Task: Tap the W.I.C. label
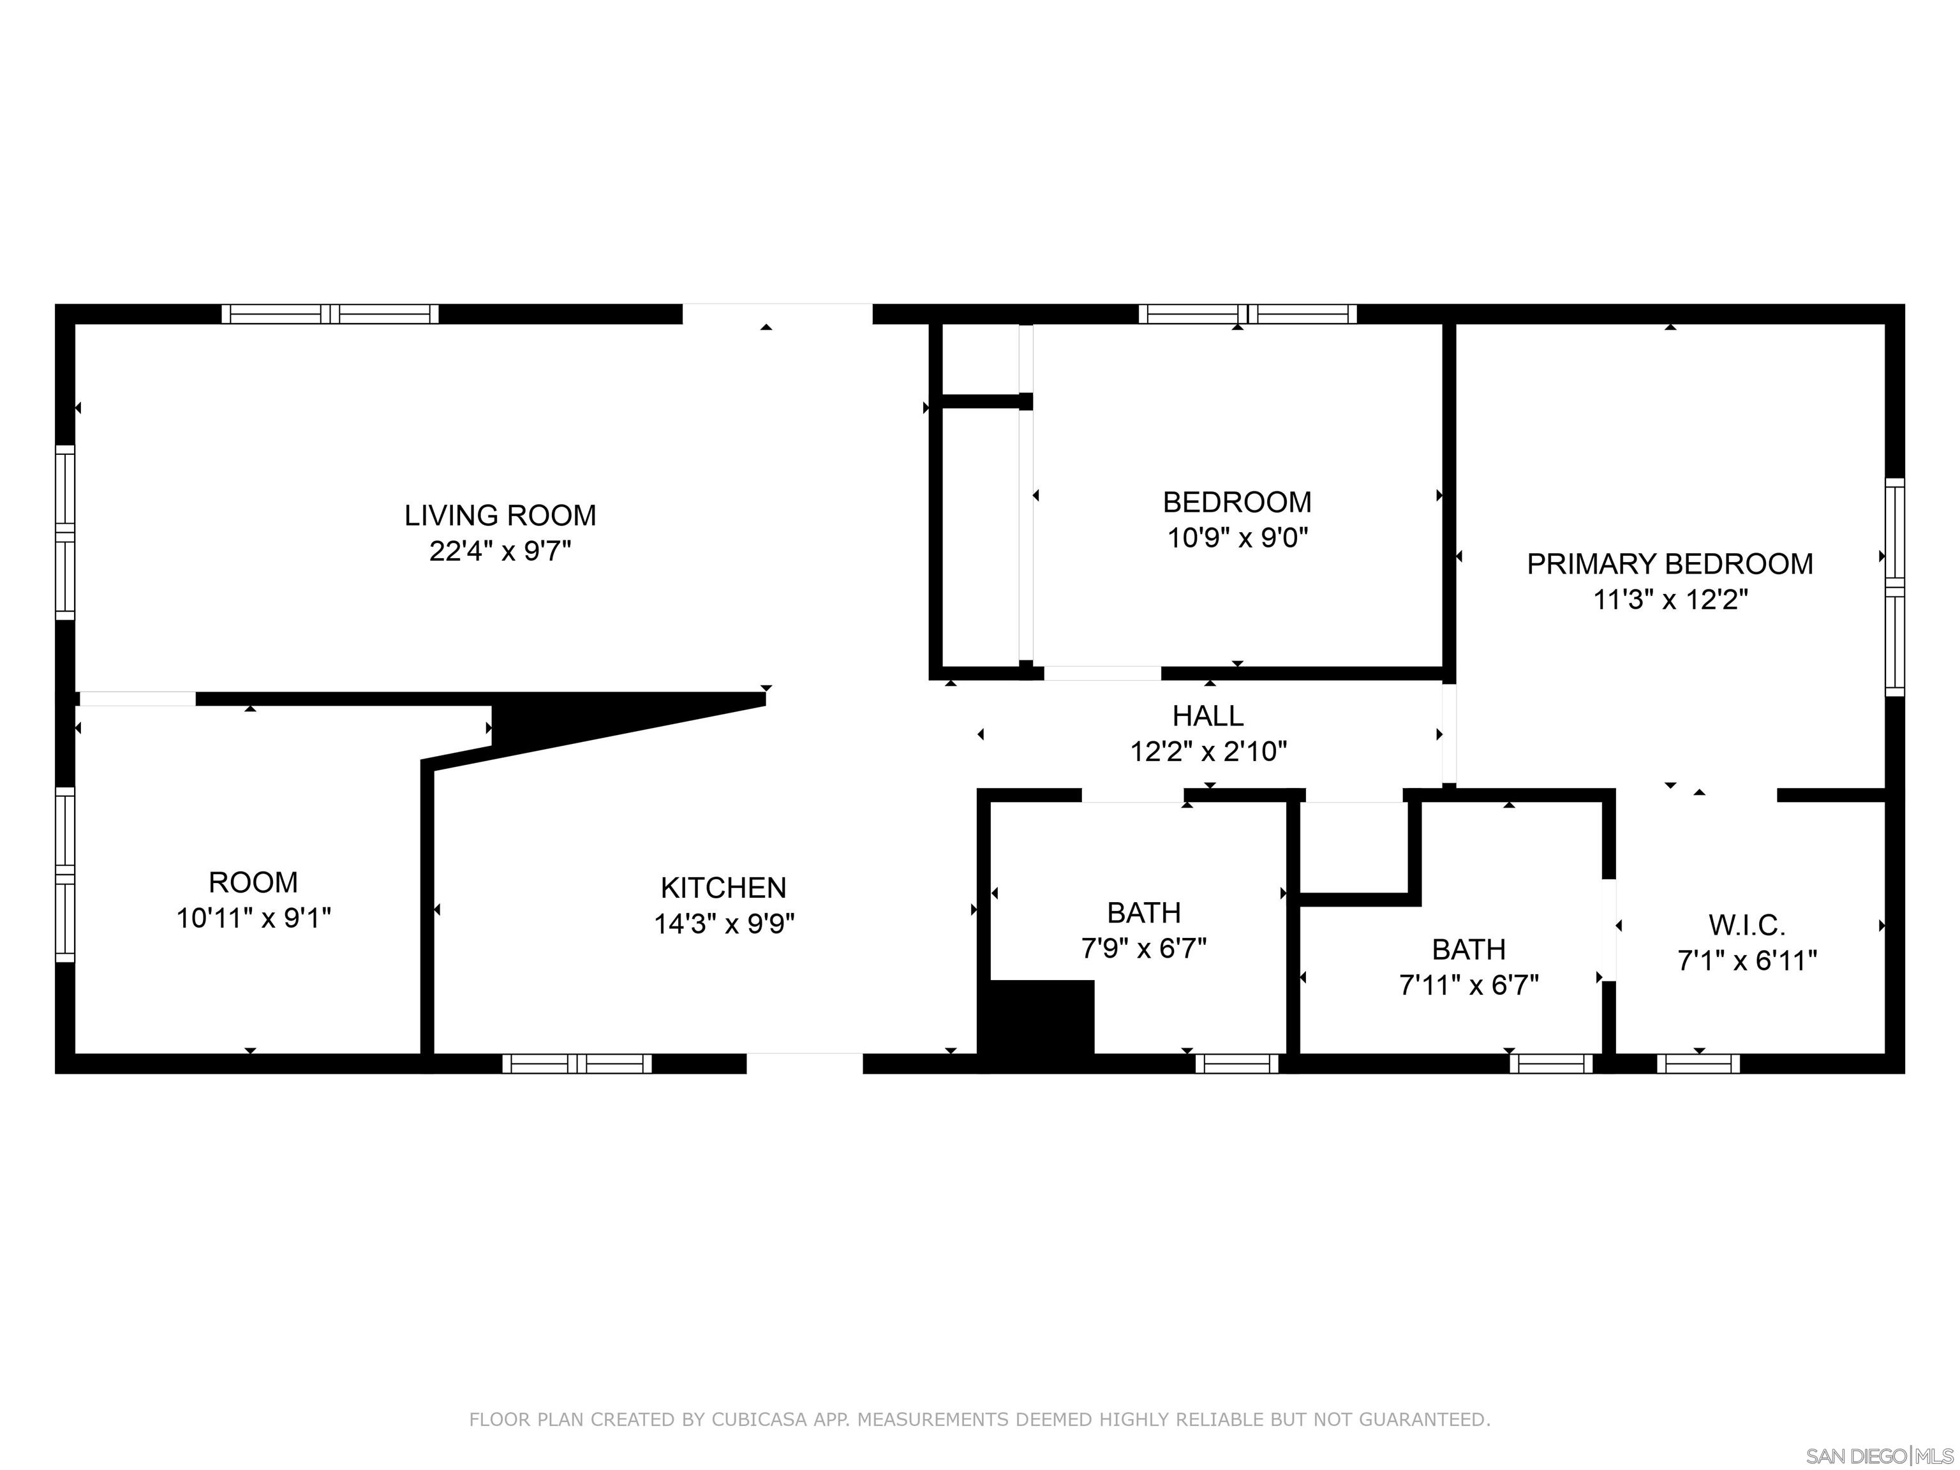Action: tap(1746, 925)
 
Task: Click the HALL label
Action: tap(1208, 715)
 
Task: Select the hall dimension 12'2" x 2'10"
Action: tap(1208, 752)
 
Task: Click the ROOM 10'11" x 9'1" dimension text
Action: tap(253, 918)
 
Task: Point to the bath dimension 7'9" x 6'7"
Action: tap(1143, 949)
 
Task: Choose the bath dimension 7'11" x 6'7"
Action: tap(1468, 985)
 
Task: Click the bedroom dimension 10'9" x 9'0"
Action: tap(1237, 538)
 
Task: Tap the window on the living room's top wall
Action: tap(330, 314)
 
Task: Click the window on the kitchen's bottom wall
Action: tap(577, 1064)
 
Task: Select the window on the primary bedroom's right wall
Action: tap(1894, 586)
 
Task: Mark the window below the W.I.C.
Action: tap(1698, 1064)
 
